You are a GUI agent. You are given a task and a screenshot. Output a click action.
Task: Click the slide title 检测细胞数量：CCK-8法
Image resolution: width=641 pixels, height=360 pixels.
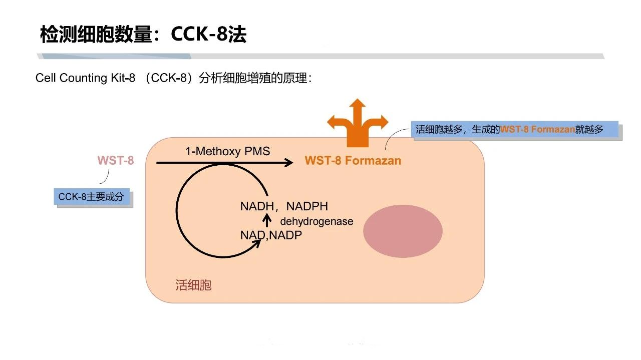[x=143, y=35]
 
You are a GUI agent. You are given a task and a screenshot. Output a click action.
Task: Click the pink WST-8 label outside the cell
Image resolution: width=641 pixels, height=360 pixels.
[x=116, y=161]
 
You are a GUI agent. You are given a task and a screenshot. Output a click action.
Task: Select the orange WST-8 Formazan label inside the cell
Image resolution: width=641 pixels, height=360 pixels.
[x=353, y=161]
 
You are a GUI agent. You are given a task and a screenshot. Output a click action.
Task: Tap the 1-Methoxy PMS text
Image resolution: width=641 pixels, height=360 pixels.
[x=228, y=151]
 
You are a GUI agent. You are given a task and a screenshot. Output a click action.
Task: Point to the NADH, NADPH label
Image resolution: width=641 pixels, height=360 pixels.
[x=284, y=206]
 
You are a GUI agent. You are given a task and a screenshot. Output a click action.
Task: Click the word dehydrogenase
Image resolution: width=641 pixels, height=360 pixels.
[x=316, y=221]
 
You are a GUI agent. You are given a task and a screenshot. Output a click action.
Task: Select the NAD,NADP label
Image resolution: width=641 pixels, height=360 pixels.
[x=271, y=235]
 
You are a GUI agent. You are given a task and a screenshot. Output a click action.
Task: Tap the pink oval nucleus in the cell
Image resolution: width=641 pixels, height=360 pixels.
[x=403, y=231]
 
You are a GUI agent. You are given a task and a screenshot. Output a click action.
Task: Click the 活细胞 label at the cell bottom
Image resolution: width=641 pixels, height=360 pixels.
[x=193, y=285]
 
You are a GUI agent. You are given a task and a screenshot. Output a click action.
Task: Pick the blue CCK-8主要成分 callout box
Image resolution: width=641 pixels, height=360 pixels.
[x=92, y=197]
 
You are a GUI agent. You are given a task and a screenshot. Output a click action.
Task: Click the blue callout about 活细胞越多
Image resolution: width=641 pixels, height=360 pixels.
[x=514, y=129]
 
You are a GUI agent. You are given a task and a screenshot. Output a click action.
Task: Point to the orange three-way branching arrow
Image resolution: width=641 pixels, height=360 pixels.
[x=358, y=123]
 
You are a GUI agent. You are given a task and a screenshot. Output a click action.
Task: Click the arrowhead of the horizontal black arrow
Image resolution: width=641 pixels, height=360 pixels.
[x=288, y=163]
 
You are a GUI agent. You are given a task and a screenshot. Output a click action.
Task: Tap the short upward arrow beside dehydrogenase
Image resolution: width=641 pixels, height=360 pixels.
[x=267, y=221]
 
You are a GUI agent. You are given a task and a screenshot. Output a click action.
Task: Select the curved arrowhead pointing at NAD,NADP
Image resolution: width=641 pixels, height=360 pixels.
[x=257, y=243]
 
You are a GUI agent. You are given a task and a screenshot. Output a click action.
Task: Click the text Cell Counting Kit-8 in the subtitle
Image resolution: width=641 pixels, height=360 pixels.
[x=85, y=78]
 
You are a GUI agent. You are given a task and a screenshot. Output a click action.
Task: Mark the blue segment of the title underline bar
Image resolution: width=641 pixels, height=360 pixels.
[x=115, y=56]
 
